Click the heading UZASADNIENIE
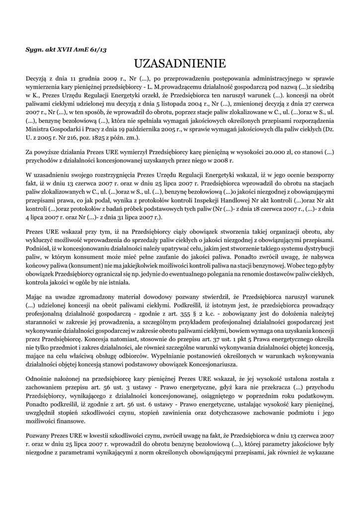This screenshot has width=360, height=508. [x=180, y=63]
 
